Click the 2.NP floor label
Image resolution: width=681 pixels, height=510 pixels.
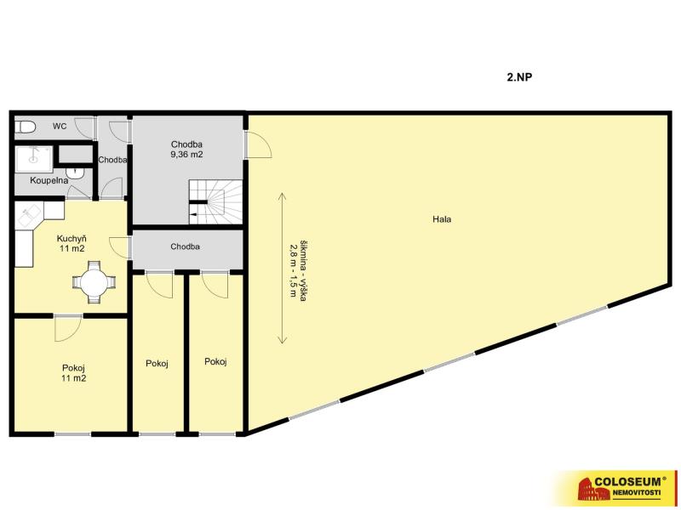pos(519,77)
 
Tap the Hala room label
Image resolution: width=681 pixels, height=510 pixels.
pos(442,219)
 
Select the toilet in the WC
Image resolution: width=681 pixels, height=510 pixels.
pos(25,127)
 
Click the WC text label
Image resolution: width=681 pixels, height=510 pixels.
pos(60,126)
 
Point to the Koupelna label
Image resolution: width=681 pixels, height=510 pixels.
pos(49,180)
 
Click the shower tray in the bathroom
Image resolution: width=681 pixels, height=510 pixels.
pos(34,159)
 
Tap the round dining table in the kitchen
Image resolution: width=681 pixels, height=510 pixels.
pos(94,282)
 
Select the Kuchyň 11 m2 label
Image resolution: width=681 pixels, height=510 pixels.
pos(72,243)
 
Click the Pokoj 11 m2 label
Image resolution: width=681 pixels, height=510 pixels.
pos(73,373)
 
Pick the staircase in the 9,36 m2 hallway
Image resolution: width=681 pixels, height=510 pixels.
pos(215,201)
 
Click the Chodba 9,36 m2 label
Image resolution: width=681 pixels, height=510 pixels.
pos(186,150)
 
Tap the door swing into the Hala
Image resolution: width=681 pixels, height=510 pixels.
pos(259,144)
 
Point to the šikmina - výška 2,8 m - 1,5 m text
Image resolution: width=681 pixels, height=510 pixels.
pos(298,269)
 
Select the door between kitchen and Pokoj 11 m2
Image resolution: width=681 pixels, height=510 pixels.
pos(68,327)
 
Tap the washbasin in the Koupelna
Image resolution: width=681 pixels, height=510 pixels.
pos(77,173)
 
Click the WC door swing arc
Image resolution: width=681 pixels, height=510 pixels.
pos(84,128)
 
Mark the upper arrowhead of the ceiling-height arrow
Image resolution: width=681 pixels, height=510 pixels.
pos(283,195)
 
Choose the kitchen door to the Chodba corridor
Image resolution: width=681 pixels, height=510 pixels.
pos(119,248)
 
